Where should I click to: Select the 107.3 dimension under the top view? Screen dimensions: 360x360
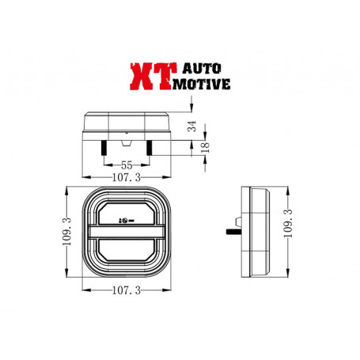click(126, 179)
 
